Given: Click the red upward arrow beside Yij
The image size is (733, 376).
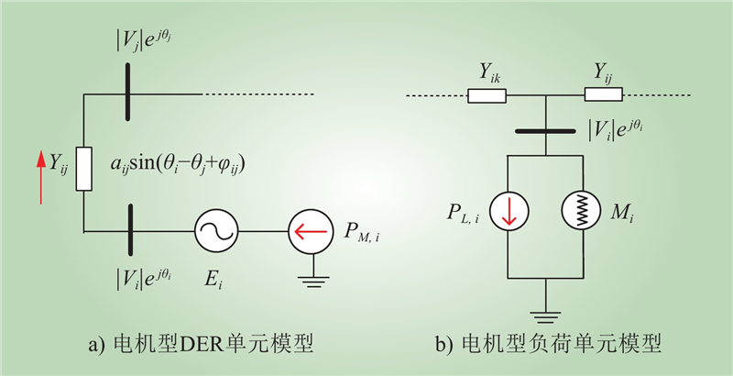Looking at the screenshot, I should tap(40, 170).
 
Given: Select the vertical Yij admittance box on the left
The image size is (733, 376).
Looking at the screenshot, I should tap(83, 169).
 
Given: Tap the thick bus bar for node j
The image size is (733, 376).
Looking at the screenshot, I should tap(126, 94).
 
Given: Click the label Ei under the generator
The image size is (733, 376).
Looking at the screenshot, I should tap(214, 280).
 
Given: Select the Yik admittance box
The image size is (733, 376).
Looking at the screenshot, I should tap(487, 94).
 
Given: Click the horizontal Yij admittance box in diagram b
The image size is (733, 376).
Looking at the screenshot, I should tap(603, 94).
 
